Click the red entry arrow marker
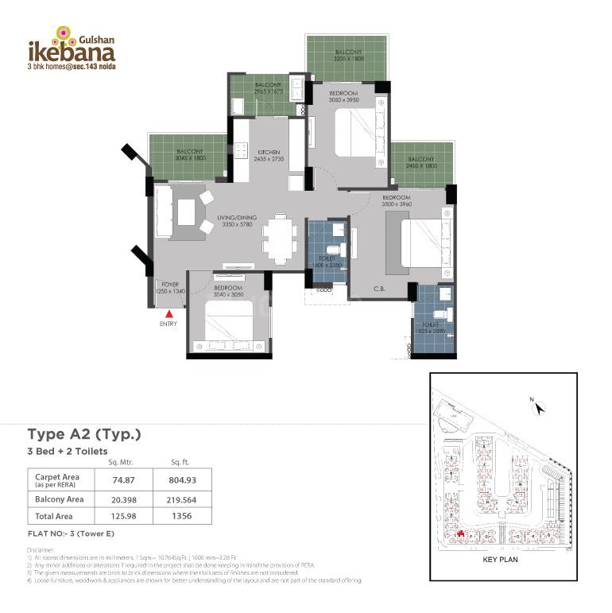(x=168, y=314)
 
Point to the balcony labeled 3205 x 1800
(x=347, y=56)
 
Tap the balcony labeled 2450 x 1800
(x=420, y=163)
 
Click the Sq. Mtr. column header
(x=118, y=462)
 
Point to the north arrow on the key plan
(x=540, y=408)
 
